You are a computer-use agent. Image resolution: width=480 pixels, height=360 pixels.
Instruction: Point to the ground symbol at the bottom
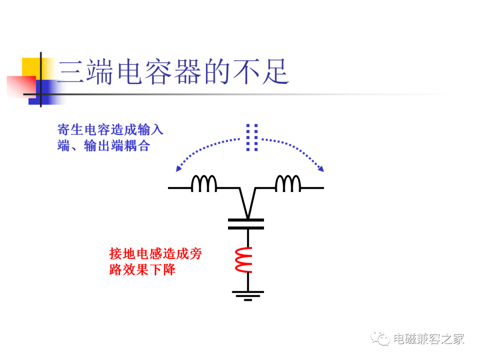248,296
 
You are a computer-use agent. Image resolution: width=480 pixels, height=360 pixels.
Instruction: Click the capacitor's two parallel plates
246,224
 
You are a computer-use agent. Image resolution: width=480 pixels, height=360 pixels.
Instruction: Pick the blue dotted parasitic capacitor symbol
252,137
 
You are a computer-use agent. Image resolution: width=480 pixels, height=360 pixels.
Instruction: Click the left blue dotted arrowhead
179,169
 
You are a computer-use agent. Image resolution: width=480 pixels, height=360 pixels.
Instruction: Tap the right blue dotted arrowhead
321,169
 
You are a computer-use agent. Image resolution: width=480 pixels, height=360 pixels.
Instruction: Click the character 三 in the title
71,72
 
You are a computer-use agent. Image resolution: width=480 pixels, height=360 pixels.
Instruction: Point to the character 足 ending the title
276,72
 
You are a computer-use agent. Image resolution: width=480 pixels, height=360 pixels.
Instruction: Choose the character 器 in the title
188,72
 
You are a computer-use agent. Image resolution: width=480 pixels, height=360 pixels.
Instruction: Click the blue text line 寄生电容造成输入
111,129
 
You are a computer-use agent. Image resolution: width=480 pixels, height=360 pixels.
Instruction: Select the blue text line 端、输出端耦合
104,145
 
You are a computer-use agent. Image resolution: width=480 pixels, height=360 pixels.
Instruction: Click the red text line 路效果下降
142,270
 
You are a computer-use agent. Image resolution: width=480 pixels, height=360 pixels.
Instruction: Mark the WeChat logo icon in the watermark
380,338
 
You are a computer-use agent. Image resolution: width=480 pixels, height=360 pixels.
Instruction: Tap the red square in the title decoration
21,87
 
